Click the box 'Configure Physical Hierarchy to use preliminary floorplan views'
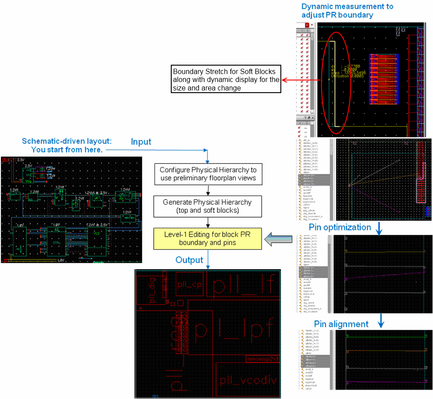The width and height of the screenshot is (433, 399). (x=208, y=174)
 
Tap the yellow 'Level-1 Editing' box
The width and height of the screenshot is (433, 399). (x=208, y=238)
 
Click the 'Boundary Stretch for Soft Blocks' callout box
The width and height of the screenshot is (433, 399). (x=226, y=79)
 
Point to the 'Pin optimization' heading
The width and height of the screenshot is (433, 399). (x=340, y=227)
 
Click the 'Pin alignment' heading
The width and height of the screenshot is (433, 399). (x=341, y=324)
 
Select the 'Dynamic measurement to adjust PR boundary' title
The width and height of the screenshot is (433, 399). (x=347, y=11)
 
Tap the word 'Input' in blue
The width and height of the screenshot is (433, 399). (x=141, y=142)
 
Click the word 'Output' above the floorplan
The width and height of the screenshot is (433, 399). (x=189, y=260)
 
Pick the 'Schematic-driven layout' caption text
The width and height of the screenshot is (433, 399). (x=67, y=145)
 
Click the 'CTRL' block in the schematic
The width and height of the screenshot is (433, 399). (x=56, y=243)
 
